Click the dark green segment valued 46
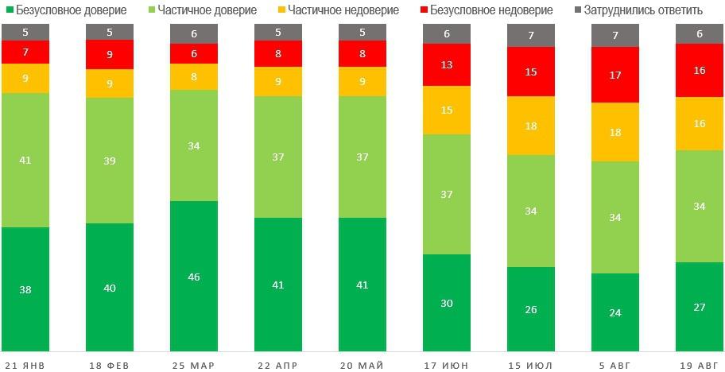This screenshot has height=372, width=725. coord(194,276)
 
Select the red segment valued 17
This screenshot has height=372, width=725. coord(615,75)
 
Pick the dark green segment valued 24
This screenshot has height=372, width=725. coord(615,312)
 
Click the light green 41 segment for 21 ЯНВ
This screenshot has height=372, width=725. coord(25,160)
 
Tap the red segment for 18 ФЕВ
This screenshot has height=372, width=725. coord(110,55)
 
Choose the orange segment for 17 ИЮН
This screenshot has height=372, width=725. coord(447,110)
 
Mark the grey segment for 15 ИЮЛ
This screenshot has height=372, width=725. coord(531,35)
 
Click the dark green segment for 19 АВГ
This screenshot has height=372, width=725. coord(700,306)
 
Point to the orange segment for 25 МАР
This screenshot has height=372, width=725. coord(194,77)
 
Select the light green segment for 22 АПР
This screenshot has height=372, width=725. coord(278,157)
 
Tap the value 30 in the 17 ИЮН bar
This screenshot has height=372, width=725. coord(447,302)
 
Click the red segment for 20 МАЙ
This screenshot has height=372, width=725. coord(362,54)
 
